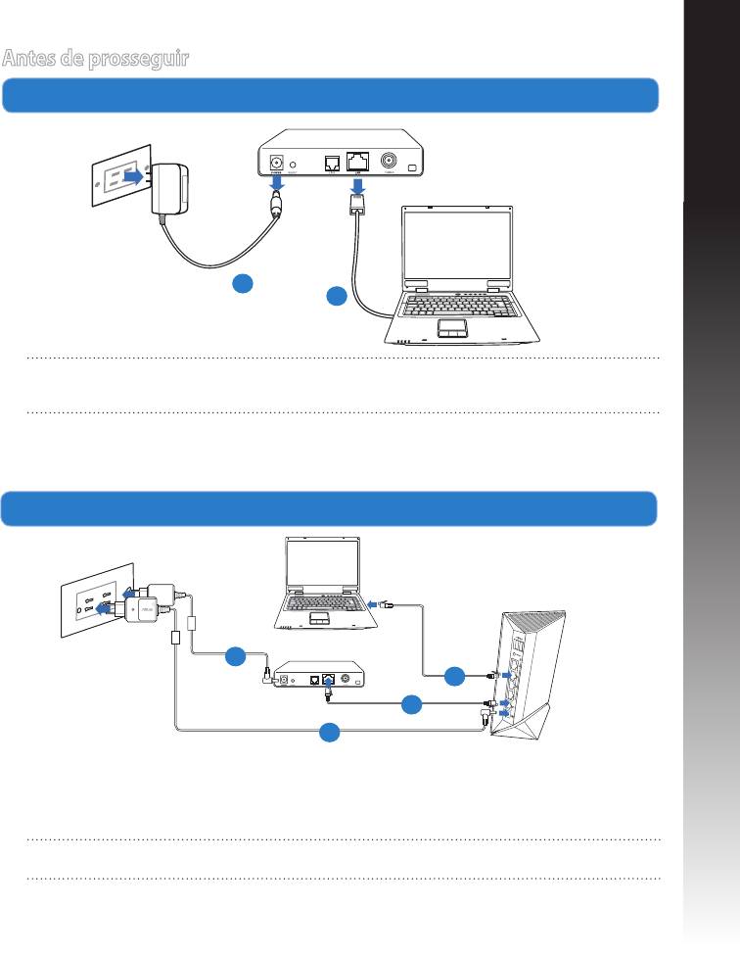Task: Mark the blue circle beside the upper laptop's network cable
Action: [x=337, y=295]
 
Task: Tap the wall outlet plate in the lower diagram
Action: [x=96, y=599]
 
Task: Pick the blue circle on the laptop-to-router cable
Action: [x=454, y=676]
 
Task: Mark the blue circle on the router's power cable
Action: [x=331, y=731]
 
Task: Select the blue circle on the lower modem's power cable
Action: [x=236, y=656]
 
